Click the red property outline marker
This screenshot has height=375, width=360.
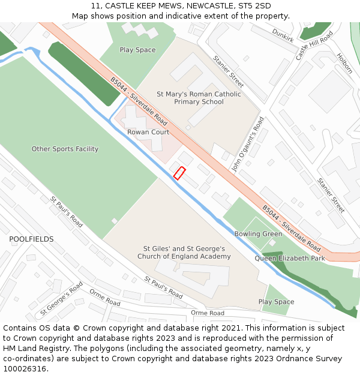[x=179, y=173]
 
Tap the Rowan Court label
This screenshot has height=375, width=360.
[x=148, y=132]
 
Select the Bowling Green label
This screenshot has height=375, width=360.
[x=258, y=234]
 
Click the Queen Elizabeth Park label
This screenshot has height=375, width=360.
[x=290, y=259]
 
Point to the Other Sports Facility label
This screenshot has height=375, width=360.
[x=65, y=149]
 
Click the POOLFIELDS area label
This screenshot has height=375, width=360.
[x=31, y=239]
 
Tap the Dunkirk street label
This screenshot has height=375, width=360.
[x=283, y=35]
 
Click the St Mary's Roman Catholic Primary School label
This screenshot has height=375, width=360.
[x=199, y=98]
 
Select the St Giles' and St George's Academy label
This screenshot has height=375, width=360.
[x=184, y=253]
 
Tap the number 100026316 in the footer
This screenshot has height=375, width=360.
[x=25, y=369]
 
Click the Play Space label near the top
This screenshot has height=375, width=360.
[x=137, y=50]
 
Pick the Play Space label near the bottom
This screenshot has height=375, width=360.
[x=276, y=302]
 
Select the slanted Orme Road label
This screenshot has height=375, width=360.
[x=106, y=296]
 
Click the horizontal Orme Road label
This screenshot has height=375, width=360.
[x=208, y=313]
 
